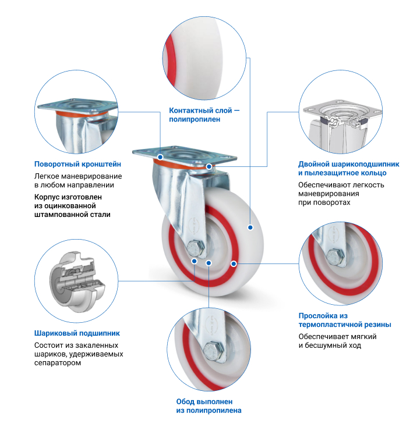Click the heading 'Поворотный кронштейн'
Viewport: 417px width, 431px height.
click(x=77, y=164)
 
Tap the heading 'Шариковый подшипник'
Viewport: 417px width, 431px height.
click(x=77, y=333)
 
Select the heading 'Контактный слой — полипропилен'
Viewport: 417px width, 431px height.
click(x=204, y=115)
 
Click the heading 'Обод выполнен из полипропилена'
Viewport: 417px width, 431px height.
click(x=208, y=406)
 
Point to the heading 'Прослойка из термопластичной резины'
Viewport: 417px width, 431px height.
click(x=345, y=320)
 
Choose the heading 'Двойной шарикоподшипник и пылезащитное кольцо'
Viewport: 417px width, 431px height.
click(x=348, y=169)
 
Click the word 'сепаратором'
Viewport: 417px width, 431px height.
click(x=58, y=363)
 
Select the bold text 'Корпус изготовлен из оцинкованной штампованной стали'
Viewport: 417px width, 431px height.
click(x=72, y=205)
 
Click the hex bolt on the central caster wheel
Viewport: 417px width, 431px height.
click(x=196, y=248)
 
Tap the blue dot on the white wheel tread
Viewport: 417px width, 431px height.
click(x=250, y=227)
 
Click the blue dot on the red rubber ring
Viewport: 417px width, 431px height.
click(x=234, y=264)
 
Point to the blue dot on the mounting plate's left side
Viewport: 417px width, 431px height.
click(x=160, y=157)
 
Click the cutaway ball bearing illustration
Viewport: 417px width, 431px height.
click(x=77, y=282)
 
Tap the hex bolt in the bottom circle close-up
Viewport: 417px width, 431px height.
click(x=214, y=351)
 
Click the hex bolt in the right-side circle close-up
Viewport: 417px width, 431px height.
click(x=336, y=257)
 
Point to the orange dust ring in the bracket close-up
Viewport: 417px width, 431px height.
click(x=83, y=114)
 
